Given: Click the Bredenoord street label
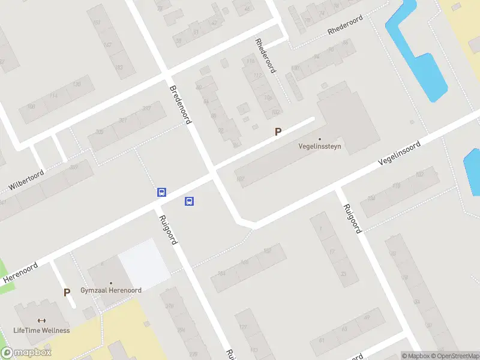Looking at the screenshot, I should click(180, 104).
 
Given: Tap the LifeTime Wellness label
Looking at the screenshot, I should click(42, 331).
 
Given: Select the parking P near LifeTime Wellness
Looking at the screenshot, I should click(67, 293).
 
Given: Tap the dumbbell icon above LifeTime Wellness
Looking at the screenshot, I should click(42, 321).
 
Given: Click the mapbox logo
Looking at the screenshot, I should click(26, 352).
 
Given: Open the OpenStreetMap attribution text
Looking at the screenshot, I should click(454, 356).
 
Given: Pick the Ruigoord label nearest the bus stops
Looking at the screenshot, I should click(168, 230).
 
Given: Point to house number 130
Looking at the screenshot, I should click(77, 85).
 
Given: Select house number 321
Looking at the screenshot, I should click(122, 120).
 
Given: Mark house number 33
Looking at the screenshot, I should click(344, 274).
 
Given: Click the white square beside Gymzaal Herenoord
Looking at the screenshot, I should click(144, 263).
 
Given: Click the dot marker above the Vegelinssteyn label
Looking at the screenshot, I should click(320, 139).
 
